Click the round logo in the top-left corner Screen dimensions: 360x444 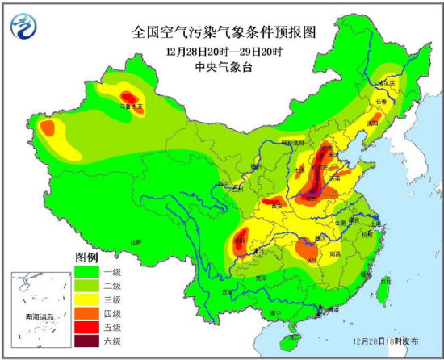24,28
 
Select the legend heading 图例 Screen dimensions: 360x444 86,256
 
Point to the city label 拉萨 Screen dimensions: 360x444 136,241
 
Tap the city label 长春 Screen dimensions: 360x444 379,101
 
